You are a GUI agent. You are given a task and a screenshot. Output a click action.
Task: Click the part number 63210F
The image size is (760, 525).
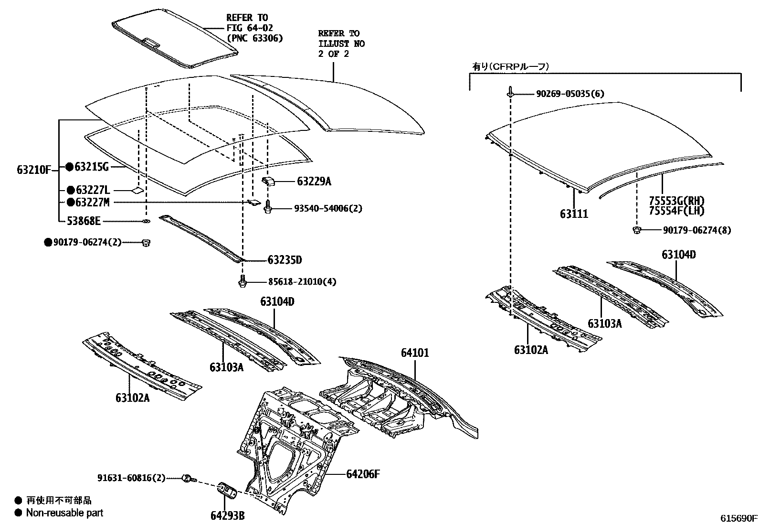[34, 170]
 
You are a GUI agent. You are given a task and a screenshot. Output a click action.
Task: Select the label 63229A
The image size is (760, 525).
[314, 181]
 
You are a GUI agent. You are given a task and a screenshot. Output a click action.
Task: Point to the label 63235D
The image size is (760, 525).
[285, 260]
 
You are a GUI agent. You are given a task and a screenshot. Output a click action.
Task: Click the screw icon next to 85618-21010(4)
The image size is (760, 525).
[243, 282]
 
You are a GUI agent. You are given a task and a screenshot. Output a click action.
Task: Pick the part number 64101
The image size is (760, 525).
[414, 353]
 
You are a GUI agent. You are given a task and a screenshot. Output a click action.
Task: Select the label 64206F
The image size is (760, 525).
[363, 474]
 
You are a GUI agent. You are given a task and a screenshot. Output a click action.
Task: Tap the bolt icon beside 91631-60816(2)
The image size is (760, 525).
[188, 478]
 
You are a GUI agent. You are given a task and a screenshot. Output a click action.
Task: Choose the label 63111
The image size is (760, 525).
[574, 214]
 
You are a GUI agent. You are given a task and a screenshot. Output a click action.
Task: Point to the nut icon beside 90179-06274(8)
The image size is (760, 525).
[636, 230]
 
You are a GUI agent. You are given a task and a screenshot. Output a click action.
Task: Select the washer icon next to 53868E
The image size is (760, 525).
[146, 221]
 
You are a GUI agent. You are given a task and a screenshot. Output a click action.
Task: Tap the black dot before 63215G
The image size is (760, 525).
[69, 167]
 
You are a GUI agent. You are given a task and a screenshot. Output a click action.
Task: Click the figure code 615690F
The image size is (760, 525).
[739, 517]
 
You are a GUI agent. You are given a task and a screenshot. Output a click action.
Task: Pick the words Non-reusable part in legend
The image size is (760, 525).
[64, 513]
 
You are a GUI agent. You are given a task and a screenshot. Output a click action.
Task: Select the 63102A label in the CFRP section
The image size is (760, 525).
[531, 350]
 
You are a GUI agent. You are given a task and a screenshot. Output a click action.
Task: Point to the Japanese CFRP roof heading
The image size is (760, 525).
[510, 67]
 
